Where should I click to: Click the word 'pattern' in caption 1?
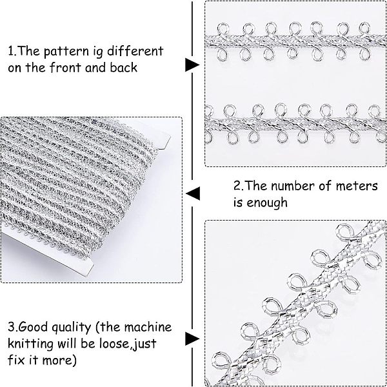(x=66, y=52)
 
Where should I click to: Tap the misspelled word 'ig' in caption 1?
(x=98, y=52)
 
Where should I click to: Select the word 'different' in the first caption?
(x=135, y=51)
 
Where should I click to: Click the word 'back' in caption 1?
(x=123, y=67)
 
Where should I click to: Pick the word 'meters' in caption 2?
(x=357, y=186)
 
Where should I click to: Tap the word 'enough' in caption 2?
(x=267, y=203)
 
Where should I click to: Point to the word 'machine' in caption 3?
(x=148, y=327)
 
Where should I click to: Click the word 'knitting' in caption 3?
(x=31, y=344)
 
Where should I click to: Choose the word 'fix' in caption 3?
(x=16, y=360)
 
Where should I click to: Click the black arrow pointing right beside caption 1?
(x=192, y=65)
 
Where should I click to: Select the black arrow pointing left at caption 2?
(x=193, y=193)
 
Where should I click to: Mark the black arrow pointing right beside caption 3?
(x=192, y=339)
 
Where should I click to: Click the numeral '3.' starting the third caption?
(x=12, y=327)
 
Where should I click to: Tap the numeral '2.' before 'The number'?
(x=238, y=186)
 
